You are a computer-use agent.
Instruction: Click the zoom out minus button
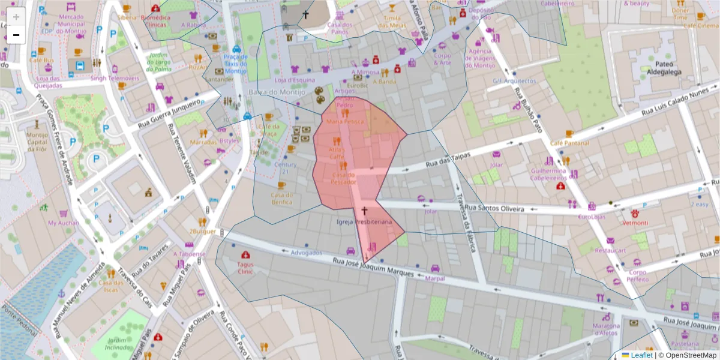click(x=16, y=35)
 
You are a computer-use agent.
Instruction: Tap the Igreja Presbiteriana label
click(x=364, y=222)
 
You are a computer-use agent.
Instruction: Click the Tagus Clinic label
click(x=245, y=268)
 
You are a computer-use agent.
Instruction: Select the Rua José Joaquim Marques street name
click(x=373, y=268)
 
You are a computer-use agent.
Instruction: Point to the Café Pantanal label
click(x=569, y=143)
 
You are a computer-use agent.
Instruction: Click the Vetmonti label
click(x=634, y=223)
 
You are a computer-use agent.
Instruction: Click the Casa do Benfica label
click(x=281, y=198)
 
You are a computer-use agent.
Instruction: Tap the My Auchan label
click(x=63, y=223)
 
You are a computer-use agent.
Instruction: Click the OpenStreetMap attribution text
click(x=691, y=355)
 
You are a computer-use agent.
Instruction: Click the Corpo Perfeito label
click(x=637, y=275)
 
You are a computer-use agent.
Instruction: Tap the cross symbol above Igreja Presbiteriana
click(x=364, y=211)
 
